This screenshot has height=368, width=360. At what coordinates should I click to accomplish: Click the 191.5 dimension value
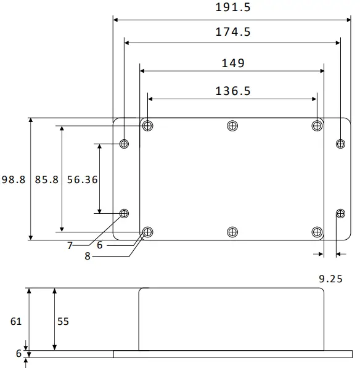pyautogui.click(x=234, y=8)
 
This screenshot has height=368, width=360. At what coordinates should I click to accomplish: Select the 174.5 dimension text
pyautogui.click(x=233, y=32)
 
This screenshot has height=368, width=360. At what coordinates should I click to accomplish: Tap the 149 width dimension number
pyautogui.click(x=232, y=63)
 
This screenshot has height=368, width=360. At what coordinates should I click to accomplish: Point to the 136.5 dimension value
pyautogui.click(x=232, y=91)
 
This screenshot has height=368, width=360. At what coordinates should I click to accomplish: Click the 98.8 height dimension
pyautogui.click(x=13, y=180)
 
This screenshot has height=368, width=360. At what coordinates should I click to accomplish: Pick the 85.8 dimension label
pyautogui.click(x=46, y=180)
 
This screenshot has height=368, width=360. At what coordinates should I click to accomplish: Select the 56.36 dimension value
pyautogui.click(x=82, y=180)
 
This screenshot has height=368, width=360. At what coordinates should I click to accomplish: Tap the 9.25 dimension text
pyautogui.click(x=330, y=279)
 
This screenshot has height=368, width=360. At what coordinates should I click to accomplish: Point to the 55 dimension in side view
pyautogui.click(x=63, y=321)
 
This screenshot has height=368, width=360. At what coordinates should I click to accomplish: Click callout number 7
pyautogui.click(x=70, y=245)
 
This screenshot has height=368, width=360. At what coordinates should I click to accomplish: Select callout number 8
pyautogui.click(x=88, y=256)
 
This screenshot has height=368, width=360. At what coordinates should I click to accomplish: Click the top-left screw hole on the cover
pyautogui.click(x=147, y=126)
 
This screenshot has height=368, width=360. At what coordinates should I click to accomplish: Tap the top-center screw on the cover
pyautogui.click(x=232, y=126)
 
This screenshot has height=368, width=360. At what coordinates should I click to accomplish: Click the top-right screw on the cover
pyautogui.click(x=316, y=126)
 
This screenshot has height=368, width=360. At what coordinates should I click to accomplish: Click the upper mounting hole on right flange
pyautogui.click(x=340, y=144)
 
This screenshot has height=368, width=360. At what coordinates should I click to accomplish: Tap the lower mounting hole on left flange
pyautogui.click(x=125, y=213)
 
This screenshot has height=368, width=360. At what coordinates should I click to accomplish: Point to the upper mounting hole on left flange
pyautogui.click(x=125, y=144)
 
